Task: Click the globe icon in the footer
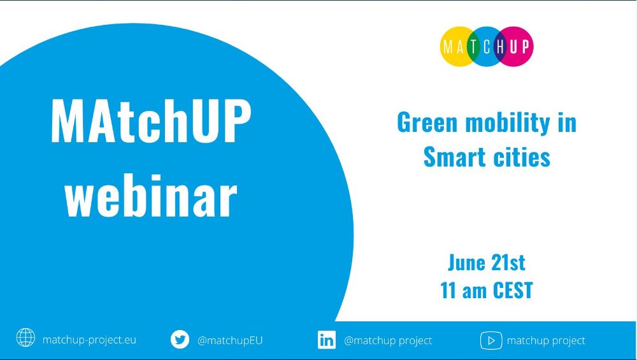(x=25, y=338)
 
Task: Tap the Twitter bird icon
(x=180, y=339)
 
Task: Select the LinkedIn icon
(x=327, y=340)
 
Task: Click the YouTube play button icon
(x=491, y=340)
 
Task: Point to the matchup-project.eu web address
(x=89, y=340)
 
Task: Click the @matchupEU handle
(x=230, y=340)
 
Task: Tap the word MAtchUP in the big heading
(x=151, y=121)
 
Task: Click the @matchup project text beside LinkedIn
(x=388, y=340)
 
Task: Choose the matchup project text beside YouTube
(x=546, y=340)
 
